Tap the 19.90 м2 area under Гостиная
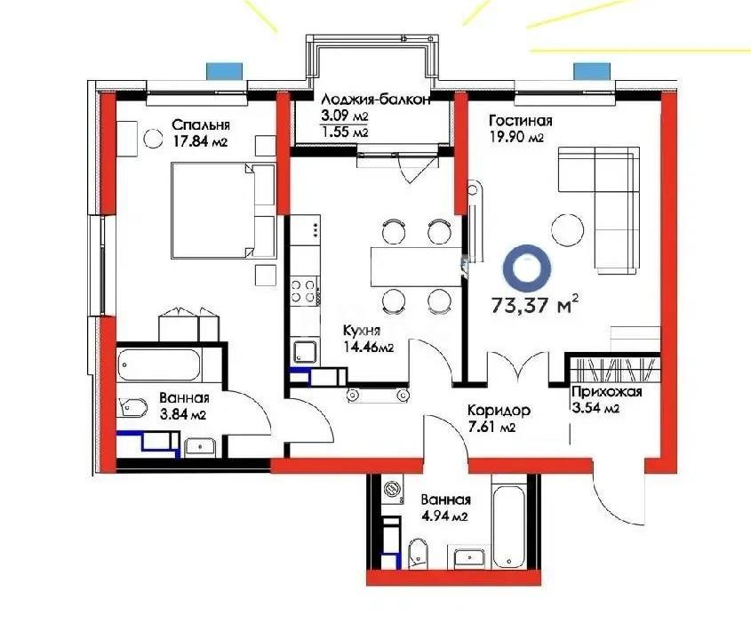pyautogui.click(x=516, y=138)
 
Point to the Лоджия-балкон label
pyautogui.click(x=377, y=100)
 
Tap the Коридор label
pyautogui.click(x=500, y=411)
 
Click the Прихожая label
pyautogui.click(x=607, y=392)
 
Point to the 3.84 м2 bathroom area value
pyautogui.click(x=183, y=414)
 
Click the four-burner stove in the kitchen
pyautogui.click(x=304, y=292)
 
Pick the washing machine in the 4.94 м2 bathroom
pyautogui.click(x=390, y=492)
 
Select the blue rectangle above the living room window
pyautogui.click(x=587, y=71)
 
